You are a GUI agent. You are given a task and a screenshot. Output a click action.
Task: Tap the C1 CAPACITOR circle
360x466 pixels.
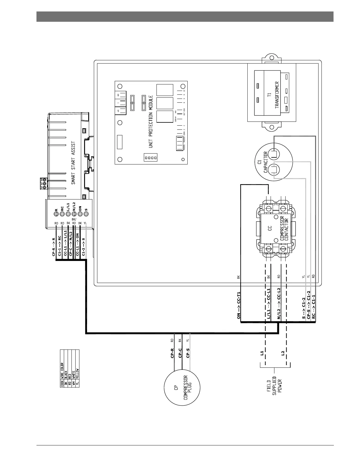[274, 162]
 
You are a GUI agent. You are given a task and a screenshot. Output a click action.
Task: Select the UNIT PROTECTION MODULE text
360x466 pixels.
[151, 122]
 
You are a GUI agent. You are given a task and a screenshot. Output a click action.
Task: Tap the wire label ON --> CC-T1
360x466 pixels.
[239, 306]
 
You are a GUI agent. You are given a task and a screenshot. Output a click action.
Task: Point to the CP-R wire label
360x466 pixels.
[172, 353]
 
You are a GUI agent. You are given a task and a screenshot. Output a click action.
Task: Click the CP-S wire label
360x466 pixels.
[188, 353]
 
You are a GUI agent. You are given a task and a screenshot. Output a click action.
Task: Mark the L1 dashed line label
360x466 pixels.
[262, 353]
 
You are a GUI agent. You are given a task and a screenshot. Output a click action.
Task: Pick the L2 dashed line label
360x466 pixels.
[283, 353]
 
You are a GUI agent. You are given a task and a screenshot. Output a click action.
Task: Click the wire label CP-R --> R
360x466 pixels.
[54, 247]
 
